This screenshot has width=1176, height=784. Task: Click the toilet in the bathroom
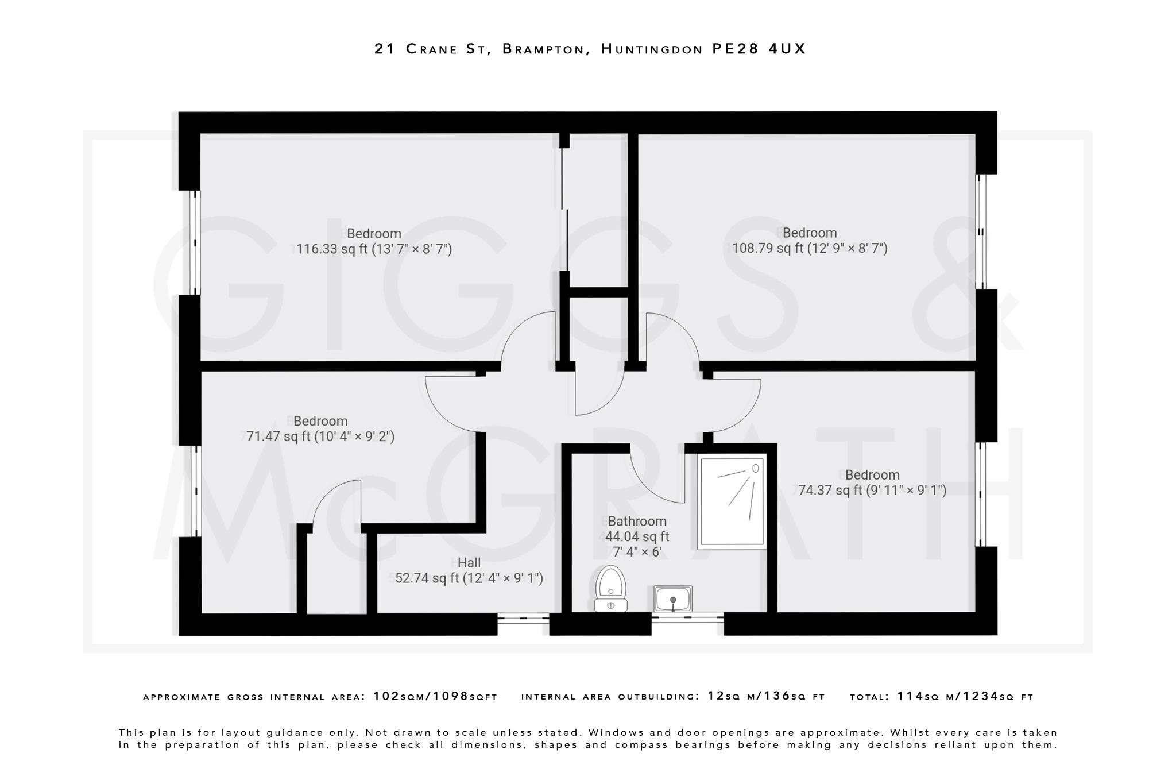[610, 589]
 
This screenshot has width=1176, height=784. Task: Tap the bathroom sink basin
[672, 599]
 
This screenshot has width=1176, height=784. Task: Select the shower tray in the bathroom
[732, 501]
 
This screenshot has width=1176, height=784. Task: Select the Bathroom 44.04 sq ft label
[637, 536]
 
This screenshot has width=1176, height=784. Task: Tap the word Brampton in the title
[543, 49]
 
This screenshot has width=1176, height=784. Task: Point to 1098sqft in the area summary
[465, 697]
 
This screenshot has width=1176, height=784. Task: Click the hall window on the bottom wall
[523, 619]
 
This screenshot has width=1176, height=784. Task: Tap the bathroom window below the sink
[687, 619]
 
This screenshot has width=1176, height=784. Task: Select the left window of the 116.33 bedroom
[195, 242]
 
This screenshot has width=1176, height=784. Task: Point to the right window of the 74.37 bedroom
[981, 494]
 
